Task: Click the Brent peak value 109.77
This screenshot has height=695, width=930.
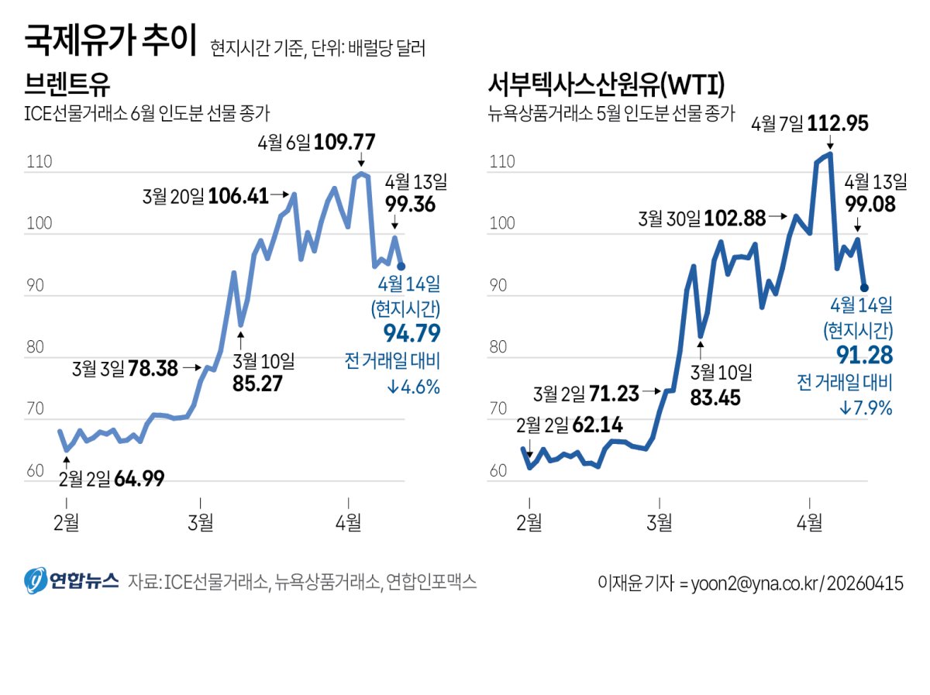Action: point(344,143)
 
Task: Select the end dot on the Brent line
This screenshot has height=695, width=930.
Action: point(401,266)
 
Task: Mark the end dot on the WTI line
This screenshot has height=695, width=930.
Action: point(865,287)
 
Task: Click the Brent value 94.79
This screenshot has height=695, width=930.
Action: point(412,334)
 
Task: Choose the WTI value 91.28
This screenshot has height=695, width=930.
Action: point(864,356)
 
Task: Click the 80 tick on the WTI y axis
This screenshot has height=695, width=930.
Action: point(498,347)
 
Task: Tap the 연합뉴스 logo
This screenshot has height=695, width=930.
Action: point(71,582)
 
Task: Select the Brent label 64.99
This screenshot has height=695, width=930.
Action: point(139,479)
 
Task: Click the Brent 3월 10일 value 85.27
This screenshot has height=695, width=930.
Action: point(257,384)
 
